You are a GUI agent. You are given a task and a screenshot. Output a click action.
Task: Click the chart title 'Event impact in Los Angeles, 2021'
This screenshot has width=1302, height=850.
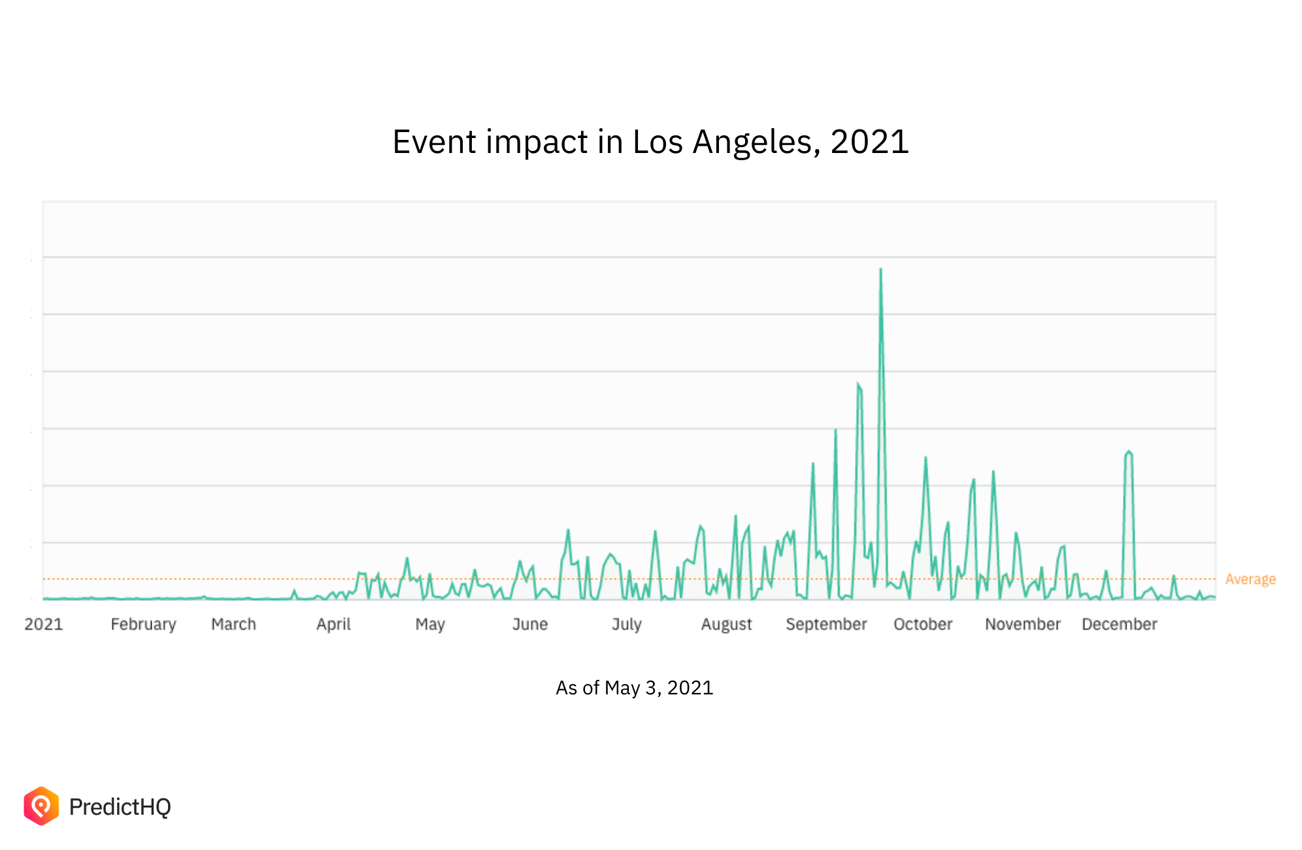[x=650, y=142]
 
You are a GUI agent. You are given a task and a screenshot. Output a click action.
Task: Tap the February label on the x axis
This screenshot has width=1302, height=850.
[x=143, y=624]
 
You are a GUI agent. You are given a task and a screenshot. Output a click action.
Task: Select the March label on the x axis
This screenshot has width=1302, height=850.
[x=233, y=624]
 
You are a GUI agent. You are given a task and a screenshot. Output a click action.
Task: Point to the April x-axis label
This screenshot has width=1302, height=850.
[x=333, y=624]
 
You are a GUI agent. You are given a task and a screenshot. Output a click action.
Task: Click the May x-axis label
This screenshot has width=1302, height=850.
[x=430, y=624]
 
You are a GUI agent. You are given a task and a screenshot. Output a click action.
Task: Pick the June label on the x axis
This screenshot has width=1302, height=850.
[x=529, y=624]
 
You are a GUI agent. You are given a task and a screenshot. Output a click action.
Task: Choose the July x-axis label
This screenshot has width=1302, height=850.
[x=626, y=624]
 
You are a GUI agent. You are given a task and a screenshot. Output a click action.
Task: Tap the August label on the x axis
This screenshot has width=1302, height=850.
[x=726, y=624]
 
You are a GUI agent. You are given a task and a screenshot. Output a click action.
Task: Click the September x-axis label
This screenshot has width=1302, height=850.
[x=826, y=624]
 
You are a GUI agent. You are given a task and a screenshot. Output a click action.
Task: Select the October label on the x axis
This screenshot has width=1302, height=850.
[x=923, y=624]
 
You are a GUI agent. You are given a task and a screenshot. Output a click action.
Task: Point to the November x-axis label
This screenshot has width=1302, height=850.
[x=1023, y=624]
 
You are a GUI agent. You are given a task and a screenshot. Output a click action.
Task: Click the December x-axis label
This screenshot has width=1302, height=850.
[x=1120, y=624]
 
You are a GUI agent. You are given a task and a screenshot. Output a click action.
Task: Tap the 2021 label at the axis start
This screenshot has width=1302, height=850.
[x=44, y=624]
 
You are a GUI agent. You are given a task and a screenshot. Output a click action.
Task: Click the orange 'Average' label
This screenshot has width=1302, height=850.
[x=1250, y=579]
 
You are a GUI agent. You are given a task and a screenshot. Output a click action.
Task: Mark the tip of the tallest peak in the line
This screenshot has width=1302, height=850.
[x=880, y=269]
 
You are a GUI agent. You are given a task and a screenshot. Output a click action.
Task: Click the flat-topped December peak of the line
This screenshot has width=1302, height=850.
[x=1128, y=452]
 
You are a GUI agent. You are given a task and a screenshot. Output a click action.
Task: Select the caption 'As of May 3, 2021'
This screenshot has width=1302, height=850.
[x=634, y=688]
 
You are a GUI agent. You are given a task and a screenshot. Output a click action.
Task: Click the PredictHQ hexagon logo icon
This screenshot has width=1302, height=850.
[x=41, y=806]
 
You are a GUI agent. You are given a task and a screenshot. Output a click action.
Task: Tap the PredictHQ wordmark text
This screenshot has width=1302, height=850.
[x=120, y=807]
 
